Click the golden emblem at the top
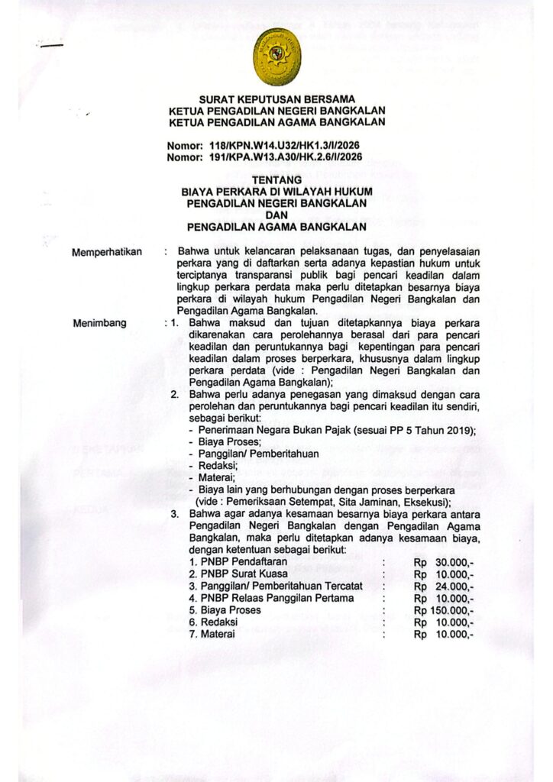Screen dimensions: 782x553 [x=276, y=57]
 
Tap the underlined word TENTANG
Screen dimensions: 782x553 [x=276, y=181]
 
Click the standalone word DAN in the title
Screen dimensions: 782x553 [x=276, y=215]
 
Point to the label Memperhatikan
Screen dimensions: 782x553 [x=107, y=251]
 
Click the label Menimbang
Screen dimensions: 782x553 [x=99, y=323]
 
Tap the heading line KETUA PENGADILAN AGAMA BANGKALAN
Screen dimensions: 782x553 [x=276, y=122]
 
